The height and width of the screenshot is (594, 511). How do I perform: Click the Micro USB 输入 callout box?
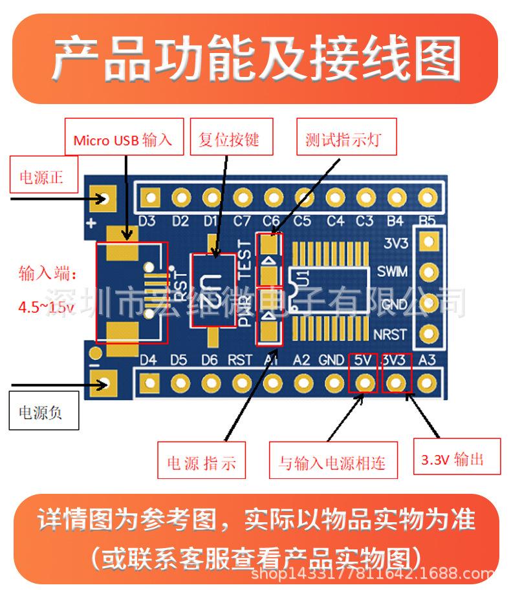coord(123,140)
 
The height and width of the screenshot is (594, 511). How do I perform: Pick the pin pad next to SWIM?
coord(428,271)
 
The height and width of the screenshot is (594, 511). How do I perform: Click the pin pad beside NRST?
coord(428,334)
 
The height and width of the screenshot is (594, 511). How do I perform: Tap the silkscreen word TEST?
coord(245,259)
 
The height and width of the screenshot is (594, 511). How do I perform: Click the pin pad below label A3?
coord(426,383)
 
